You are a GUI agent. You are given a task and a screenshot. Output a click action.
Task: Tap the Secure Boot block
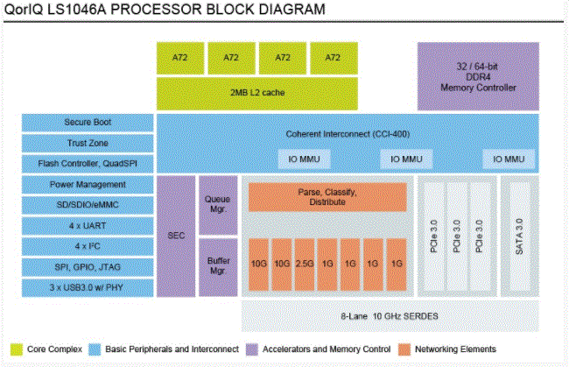click(x=88, y=122)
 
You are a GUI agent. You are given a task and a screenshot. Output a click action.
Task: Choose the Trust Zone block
click(x=88, y=143)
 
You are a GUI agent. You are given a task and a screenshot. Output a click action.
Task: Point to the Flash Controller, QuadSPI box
click(x=88, y=163)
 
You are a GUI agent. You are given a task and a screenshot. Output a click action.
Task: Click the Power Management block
click(x=88, y=185)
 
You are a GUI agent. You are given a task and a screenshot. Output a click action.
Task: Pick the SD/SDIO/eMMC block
click(x=88, y=205)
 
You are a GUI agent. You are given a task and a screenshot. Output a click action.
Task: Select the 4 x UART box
click(x=88, y=226)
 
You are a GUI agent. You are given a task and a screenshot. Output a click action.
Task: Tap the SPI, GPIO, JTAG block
click(x=88, y=267)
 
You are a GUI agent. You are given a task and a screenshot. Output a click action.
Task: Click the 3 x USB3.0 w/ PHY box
click(x=88, y=287)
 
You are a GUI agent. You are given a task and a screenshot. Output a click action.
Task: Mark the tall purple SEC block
click(x=175, y=236)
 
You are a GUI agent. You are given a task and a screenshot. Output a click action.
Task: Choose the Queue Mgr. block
click(x=217, y=204)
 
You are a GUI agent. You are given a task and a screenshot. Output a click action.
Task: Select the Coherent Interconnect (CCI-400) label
click(x=360, y=134)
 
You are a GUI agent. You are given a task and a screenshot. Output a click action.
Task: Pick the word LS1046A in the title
click(x=76, y=11)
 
